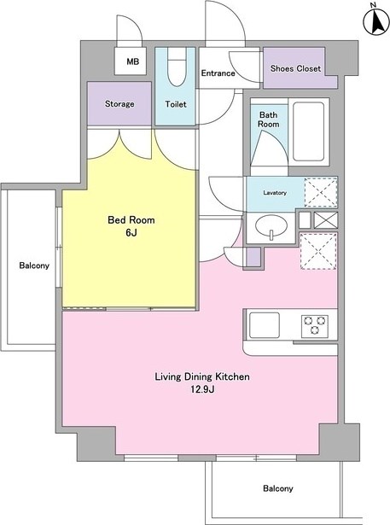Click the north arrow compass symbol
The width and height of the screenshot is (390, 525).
point(376,21)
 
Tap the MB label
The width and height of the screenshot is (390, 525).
point(132,61)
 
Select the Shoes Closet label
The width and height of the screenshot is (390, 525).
point(295,68)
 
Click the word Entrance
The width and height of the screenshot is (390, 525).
point(218,73)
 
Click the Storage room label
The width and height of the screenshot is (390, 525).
point(119,104)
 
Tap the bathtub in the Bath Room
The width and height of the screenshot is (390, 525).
point(308,132)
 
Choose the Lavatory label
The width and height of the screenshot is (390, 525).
point(275,193)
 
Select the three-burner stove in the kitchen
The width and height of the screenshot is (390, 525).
point(315,325)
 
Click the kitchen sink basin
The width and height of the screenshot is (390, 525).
point(265,325)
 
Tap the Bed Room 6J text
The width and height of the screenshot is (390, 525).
point(131,226)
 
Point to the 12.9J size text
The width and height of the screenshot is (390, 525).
point(202,389)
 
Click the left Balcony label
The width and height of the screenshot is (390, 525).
point(34,265)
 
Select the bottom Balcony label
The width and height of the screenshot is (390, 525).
point(278,488)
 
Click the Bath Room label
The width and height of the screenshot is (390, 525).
point(269,120)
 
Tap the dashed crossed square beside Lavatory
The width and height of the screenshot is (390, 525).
point(320,193)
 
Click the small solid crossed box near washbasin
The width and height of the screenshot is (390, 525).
point(326,220)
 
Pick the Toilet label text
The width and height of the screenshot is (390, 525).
point(176,104)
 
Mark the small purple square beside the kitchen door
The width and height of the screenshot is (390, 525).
point(253,258)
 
